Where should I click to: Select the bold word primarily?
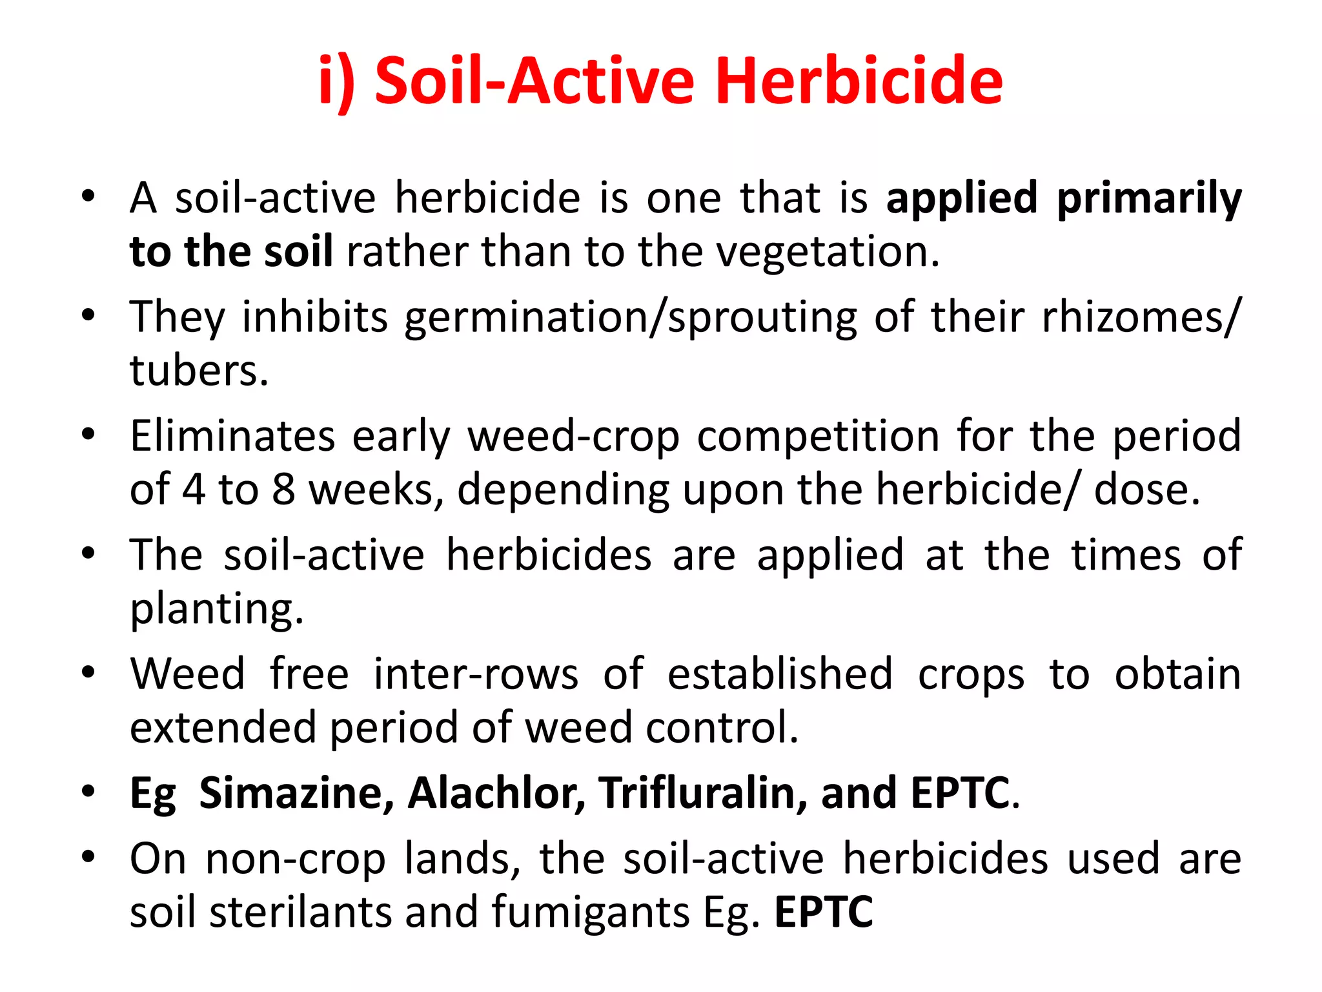[1149, 199]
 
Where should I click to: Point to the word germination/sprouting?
[631, 318]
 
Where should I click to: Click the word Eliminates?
[232, 436]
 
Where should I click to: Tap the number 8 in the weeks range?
[283, 490]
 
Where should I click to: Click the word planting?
[216, 610]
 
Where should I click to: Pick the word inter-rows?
[476, 674]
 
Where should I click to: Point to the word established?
[780, 674]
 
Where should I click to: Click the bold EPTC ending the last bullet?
[823, 913]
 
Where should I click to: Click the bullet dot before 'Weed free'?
[88, 672]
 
